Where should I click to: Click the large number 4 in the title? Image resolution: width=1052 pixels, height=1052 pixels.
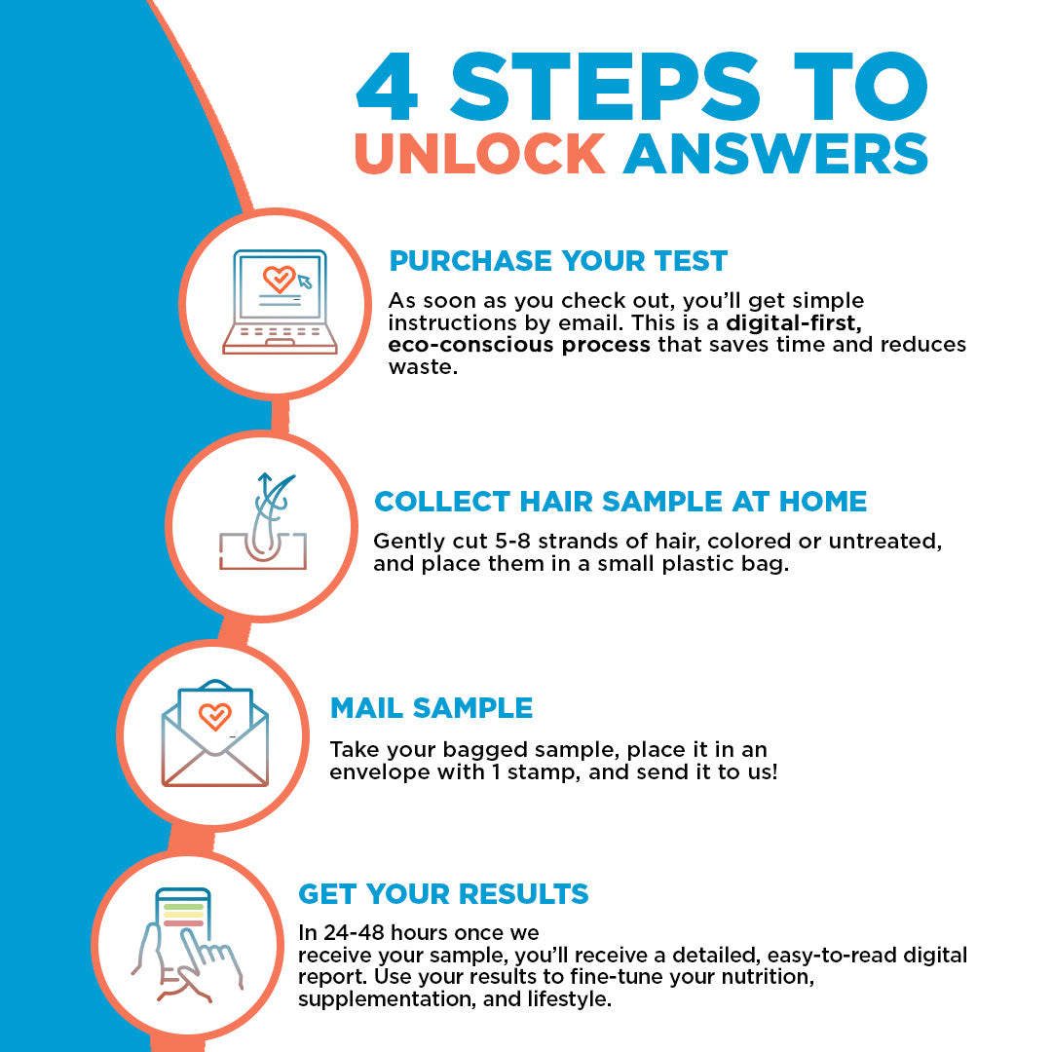tap(388, 87)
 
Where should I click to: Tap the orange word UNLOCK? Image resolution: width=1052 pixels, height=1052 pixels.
tap(479, 154)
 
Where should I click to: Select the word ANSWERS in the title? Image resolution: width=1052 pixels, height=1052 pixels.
tap(775, 154)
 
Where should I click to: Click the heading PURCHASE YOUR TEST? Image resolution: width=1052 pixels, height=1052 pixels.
tap(558, 261)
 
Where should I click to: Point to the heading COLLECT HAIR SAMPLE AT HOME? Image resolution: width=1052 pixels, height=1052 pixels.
tap(620, 502)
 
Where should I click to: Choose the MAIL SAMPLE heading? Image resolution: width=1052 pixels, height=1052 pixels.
tap(432, 708)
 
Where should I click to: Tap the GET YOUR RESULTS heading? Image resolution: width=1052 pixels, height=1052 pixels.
tap(443, 893)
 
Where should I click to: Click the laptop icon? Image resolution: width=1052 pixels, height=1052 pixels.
tap(280, 302)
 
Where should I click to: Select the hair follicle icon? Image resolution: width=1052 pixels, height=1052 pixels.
tap(263, 521)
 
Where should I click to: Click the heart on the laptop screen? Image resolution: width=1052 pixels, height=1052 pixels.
tap(279, 279)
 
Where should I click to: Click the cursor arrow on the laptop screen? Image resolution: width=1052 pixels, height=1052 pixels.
tap(305, 282)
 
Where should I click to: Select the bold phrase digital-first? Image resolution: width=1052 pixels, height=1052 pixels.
tap(795, 322)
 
